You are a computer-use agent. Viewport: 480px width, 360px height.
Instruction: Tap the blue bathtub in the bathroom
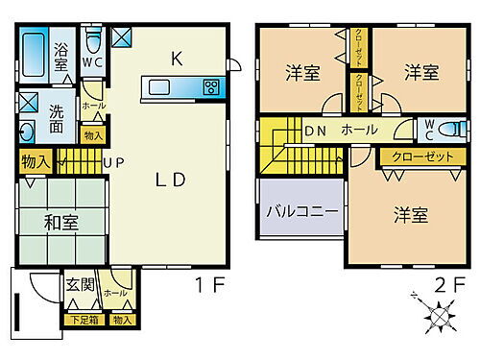click(x=35, y=59)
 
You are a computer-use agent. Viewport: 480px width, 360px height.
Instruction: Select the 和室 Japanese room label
click(x=61, y=223)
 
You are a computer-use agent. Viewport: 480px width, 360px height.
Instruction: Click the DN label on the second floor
click(x=314, y=130)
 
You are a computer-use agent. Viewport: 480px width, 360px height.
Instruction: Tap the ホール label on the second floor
click(x=360, y=130)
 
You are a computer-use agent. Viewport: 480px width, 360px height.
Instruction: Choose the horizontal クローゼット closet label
click(x=422, y=156)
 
